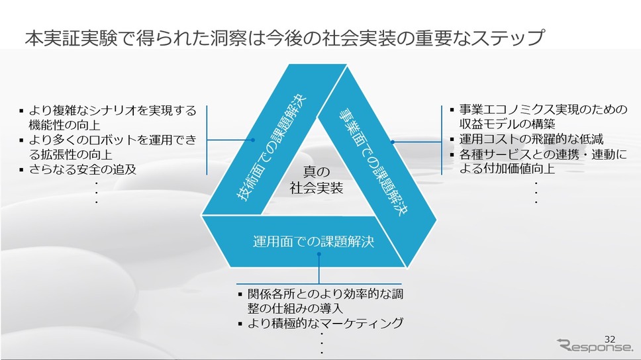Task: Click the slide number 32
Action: (x=610, y=339)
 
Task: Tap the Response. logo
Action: (x=595, y=346)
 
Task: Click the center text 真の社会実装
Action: (x=317, y=179)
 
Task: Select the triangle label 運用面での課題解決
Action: (x=314, y=242)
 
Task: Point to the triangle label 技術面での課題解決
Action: (x=271, y=148)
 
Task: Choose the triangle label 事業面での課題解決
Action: (x=373, y=161)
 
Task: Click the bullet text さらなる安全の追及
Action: (x=83, y=169)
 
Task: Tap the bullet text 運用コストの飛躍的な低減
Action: (x=531, y=139)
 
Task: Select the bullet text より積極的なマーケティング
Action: (x=325, y=323)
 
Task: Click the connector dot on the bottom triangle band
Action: (x=319, y=254)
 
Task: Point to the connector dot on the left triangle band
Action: (x=253, y=140)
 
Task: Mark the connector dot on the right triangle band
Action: (x=393, y=142)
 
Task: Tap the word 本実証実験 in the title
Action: (x=71, y=38)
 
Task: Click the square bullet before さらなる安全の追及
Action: (x=21, y=169)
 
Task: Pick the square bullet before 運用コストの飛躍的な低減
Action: (x=452, y=140)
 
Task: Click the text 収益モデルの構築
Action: (x=507, y=124)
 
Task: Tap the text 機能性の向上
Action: (x=65, y=124)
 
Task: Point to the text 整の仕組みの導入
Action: (x=295, y=308)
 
